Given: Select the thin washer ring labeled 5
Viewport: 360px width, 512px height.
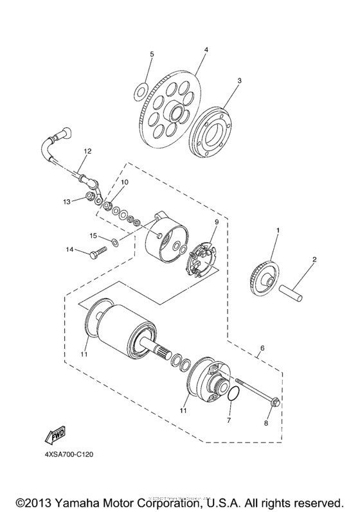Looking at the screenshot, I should [x=140, y=93].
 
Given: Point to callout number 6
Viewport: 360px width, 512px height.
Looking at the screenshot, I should [x=261, y=351].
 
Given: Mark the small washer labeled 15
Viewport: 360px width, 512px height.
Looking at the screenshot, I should [x=114, y=242].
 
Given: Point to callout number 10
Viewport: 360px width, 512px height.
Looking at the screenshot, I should [x=125, y=182].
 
